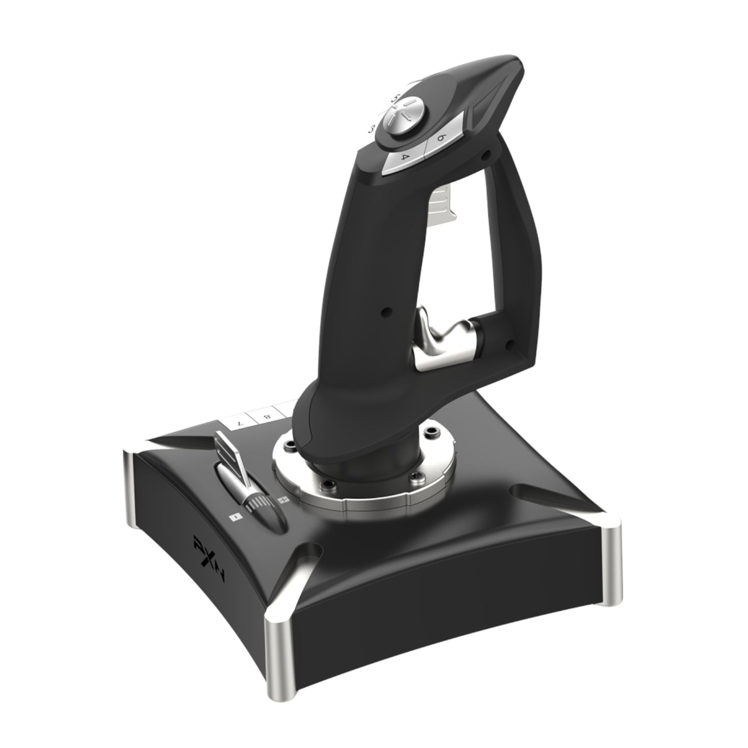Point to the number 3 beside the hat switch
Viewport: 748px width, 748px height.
pos(371,128)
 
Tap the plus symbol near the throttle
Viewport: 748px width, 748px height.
pos(283,501)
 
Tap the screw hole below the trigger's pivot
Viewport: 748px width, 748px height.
pos(509,343)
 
